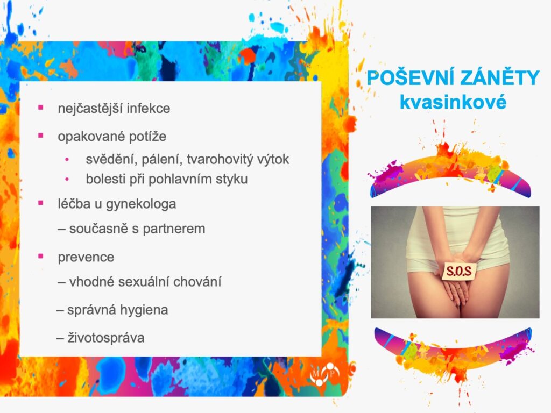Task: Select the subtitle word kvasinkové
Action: click(453, 102)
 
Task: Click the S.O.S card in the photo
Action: click(459, 271)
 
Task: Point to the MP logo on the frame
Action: click(324, 374)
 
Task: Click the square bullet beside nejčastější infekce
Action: click(41, 107)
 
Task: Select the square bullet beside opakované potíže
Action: click(41, 135)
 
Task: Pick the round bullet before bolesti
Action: click(67, 180)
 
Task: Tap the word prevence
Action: click(86, 258)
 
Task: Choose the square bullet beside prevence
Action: click(41, 256)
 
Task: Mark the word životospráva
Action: click(106, 338)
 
